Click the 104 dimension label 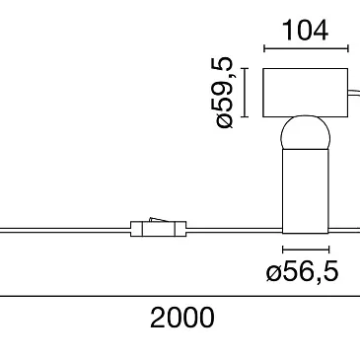305,31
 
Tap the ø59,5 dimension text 225,93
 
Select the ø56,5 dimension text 302,272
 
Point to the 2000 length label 182,318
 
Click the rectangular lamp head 305,93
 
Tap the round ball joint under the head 305,131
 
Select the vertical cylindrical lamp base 306,190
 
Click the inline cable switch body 159,229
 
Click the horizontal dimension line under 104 306,49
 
